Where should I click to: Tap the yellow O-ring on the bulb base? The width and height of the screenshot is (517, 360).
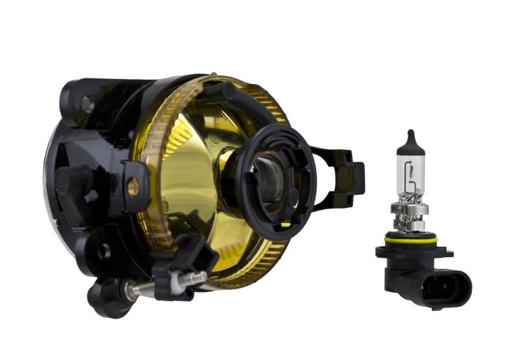tap(411, 240)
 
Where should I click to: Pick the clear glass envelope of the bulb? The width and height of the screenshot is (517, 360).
tap(411, 171)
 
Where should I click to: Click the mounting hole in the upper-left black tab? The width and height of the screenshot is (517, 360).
tap(87, 103)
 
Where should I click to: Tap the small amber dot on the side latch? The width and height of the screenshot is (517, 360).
tap(132, 187)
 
